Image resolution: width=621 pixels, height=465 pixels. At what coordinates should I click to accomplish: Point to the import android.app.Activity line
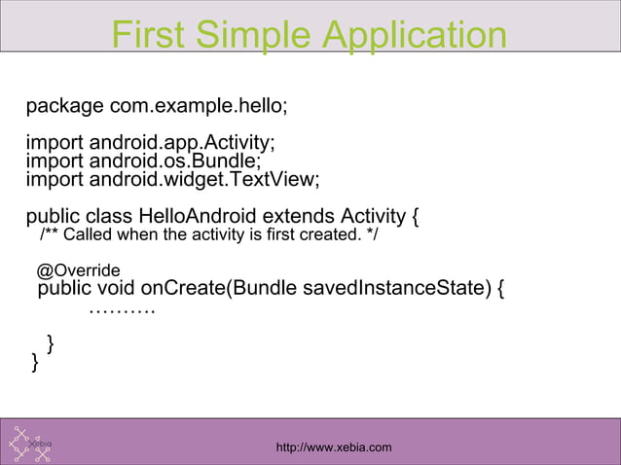point(150,144)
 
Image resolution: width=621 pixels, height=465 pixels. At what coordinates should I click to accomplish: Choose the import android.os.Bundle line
point(143,161)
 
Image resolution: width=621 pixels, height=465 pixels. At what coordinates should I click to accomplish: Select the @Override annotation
point(79,269)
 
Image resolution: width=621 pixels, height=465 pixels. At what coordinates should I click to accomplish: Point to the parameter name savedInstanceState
point(390,289)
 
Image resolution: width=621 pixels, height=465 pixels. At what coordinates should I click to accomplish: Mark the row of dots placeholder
point(122,310)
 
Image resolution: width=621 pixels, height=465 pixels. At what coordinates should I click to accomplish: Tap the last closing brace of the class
point(36,363)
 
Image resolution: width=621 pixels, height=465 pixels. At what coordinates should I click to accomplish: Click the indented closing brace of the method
point(51,343)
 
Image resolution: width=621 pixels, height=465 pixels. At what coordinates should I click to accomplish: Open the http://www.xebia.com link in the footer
point(334,447)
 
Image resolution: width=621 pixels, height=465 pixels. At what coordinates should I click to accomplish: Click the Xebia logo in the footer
point(30,444)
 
